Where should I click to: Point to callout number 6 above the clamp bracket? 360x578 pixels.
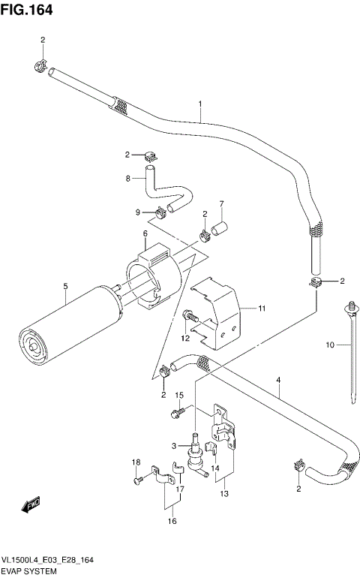(144, 234)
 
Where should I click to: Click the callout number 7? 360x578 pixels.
(221, 204)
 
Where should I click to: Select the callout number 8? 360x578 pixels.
(128, 179)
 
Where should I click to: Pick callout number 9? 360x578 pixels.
(137, 212)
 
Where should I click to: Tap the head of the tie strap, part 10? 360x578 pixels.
(350, 306)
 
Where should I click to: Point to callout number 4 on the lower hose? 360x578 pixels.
(277, 381)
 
